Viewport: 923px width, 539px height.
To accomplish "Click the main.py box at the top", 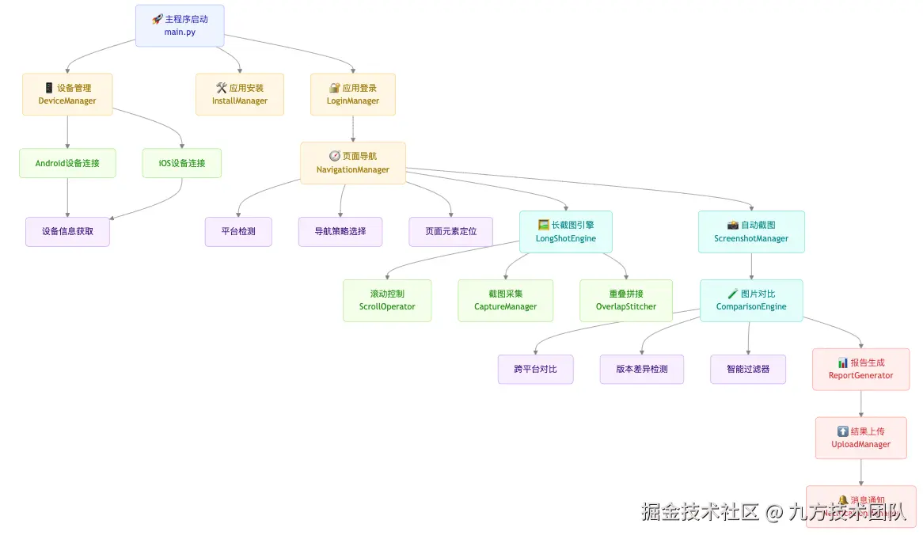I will click(180, 25).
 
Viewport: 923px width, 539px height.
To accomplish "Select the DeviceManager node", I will click(67, 94).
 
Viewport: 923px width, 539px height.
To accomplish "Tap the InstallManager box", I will click(240, 94).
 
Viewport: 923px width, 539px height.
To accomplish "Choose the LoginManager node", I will click(353, 94).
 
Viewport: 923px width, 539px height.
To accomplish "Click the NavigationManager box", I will click(353, 163).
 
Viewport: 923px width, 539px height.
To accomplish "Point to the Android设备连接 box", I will click(67, 163).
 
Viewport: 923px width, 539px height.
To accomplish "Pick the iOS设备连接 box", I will click(182, 163).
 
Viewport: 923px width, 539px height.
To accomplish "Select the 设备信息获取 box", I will click(67, 232).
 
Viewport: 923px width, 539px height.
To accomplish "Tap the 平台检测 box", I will click(238, 232).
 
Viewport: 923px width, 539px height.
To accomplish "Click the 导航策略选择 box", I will click(340, 232).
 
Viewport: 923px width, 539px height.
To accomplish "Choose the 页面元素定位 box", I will click(451, 232).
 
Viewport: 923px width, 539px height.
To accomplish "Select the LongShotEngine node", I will click(566, 232).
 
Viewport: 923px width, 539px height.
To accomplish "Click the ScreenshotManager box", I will click(751, 232).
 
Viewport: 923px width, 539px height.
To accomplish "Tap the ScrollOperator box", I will click(387, 301).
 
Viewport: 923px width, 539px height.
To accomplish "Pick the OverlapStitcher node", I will click(626, 301).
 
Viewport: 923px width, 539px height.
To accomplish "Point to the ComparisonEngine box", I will click(751, 301).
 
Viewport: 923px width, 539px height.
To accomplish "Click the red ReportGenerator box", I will click(861, 370).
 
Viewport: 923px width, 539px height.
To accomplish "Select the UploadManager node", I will click(861, 438).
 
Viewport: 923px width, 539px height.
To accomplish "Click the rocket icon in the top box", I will click(157, 19).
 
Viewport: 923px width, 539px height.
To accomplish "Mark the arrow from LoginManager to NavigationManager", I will click(353, 128).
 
